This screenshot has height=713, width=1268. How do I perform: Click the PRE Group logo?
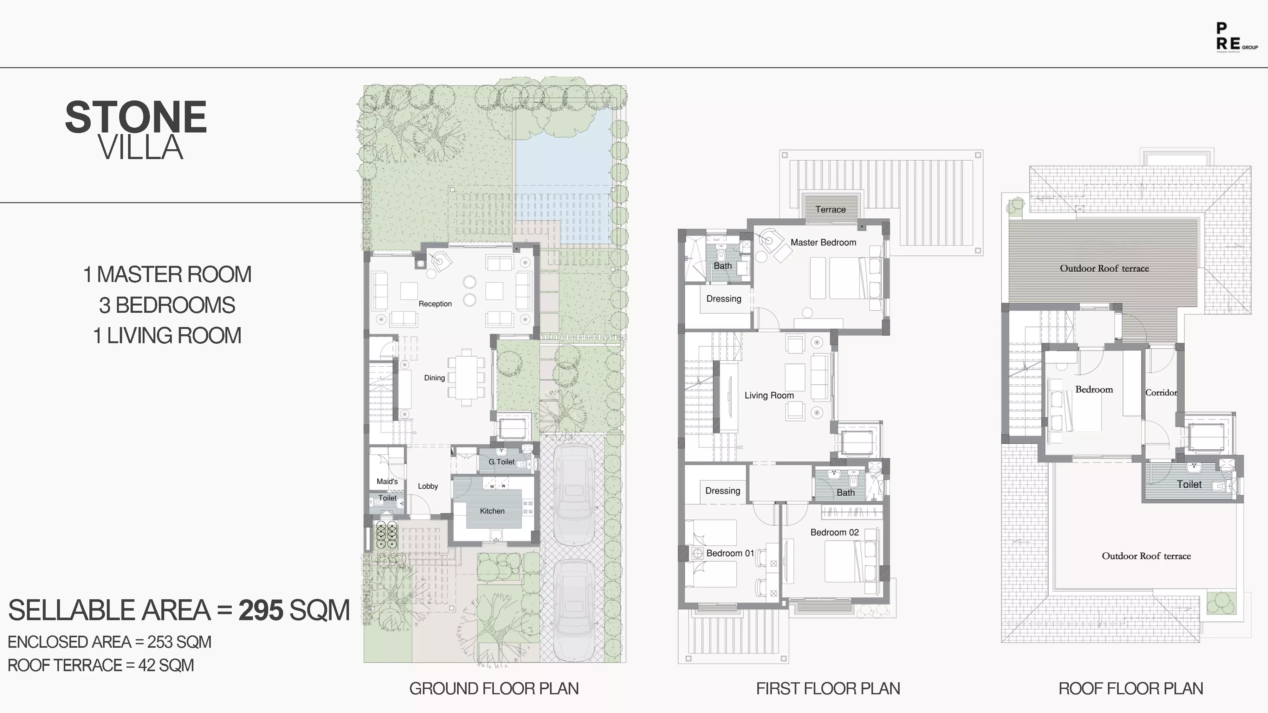pos(1236,37)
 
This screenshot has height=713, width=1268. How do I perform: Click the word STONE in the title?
pos(136,117)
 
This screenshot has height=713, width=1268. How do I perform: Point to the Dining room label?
pos(434,378)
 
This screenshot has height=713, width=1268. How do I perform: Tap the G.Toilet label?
pos(501,462)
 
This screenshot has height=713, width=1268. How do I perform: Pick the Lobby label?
pos(428,486)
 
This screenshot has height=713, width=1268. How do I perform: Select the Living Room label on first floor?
pos(769,395)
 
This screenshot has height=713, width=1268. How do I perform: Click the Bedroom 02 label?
pos(834,532)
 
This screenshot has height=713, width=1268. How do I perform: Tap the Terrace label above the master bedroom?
pos(831,209)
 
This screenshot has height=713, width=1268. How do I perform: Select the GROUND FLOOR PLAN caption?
pos(494,688)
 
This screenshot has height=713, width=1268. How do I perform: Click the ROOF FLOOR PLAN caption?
pos(1131,688)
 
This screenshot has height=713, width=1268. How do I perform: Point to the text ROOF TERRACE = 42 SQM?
pos(101,665)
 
